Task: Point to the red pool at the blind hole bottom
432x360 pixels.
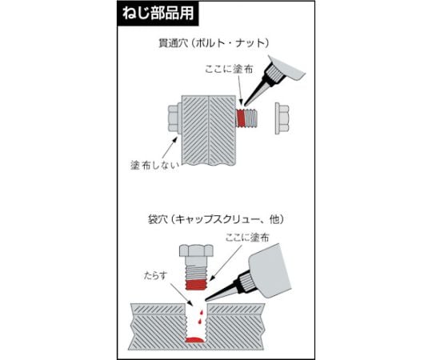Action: tap(195, 340)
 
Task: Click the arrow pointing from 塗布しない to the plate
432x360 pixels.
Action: tap(170, 150)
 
